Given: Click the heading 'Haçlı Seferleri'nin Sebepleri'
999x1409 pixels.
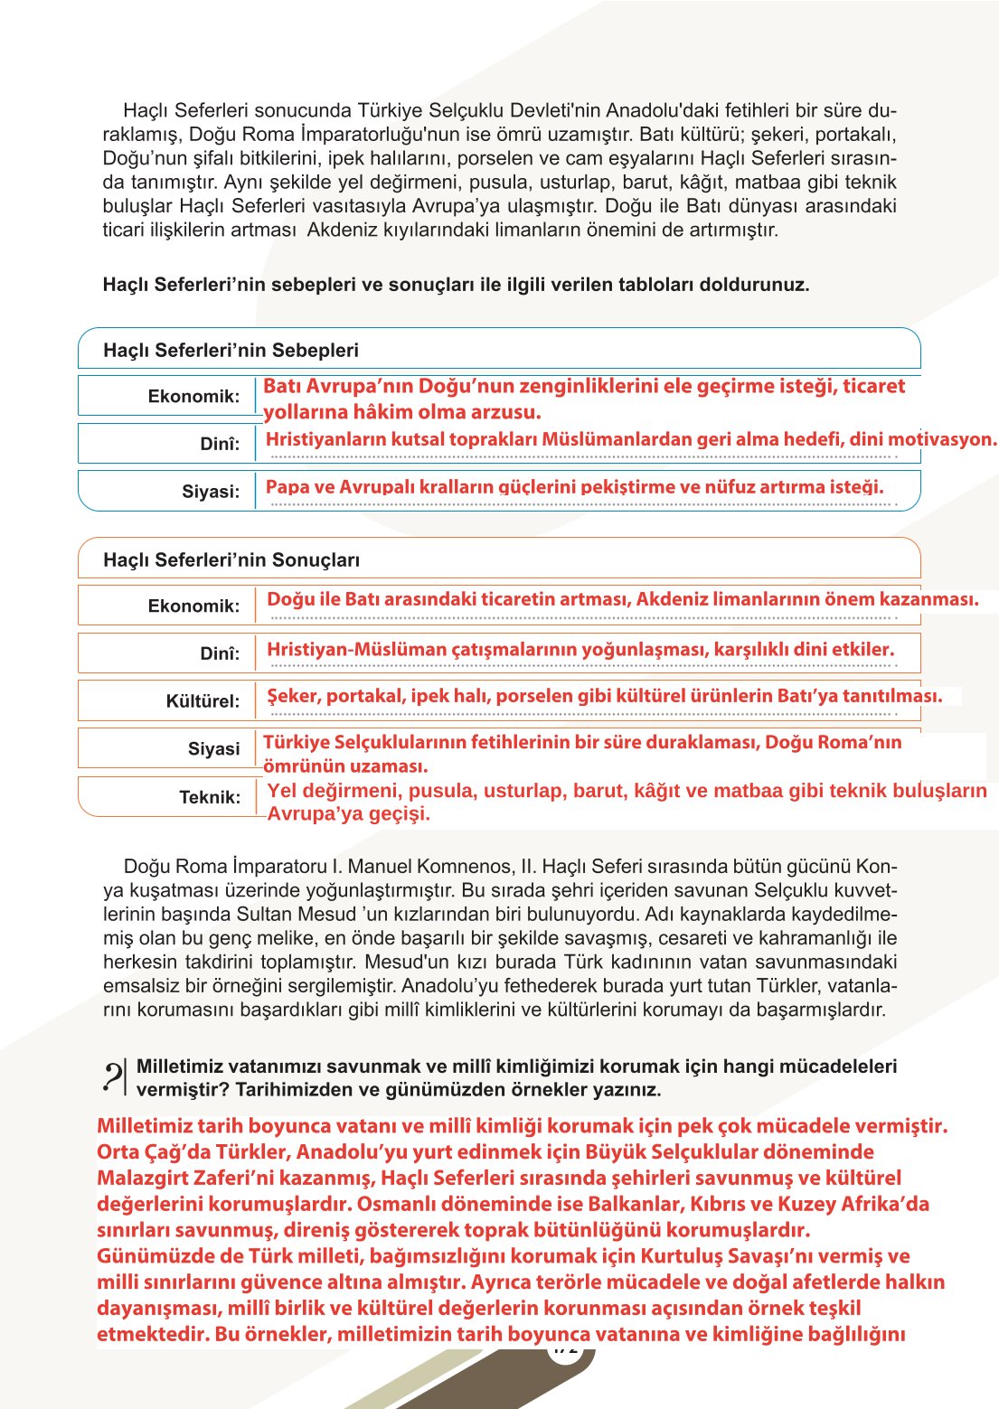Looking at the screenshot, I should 231,351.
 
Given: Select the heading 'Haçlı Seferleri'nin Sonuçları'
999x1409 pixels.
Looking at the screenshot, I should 231,560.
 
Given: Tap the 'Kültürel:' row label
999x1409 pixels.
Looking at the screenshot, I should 203,701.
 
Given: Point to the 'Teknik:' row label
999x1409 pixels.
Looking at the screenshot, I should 210,797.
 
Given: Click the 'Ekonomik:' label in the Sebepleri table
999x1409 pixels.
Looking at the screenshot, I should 193,397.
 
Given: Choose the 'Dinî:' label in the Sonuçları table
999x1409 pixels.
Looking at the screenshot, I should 220,653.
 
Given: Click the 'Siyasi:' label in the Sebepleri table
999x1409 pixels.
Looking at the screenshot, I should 211,493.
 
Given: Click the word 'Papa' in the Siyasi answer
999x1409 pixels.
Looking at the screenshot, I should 287,487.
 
